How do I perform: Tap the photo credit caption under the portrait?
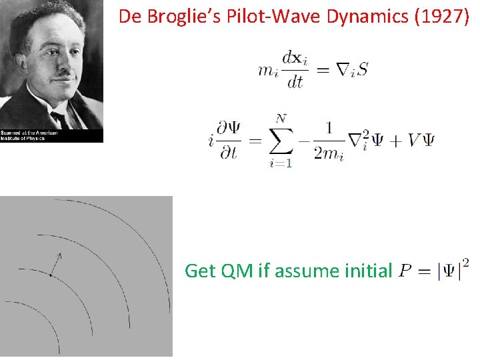click(29, 136)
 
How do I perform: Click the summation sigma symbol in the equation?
click(281, 141)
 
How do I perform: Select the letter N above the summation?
click(281, 118)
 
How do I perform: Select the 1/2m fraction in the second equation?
click(328, 141)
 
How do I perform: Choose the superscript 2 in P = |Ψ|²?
click(465, 262)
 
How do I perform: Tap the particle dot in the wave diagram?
click(51, 275)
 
